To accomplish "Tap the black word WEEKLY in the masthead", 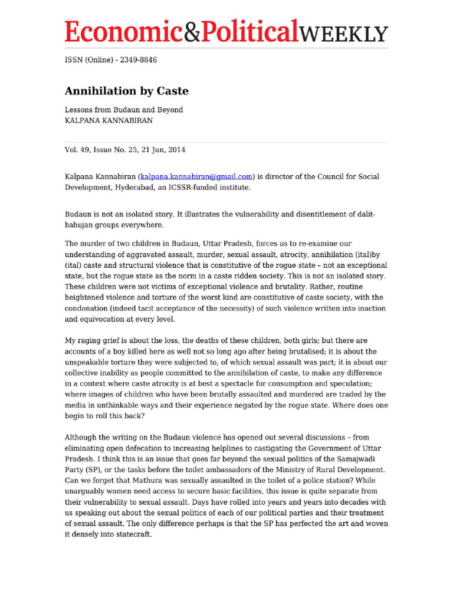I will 344,34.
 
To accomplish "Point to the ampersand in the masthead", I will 193,32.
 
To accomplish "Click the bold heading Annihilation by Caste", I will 126,91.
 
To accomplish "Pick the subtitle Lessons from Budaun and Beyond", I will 123,110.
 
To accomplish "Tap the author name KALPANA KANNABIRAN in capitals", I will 109,120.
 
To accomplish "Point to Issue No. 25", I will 115,150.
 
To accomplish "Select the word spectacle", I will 260,384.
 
